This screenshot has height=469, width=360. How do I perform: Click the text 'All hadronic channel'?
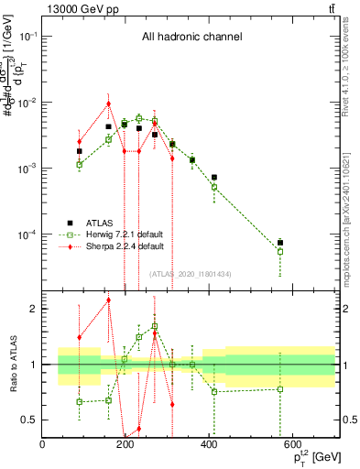[191, 38]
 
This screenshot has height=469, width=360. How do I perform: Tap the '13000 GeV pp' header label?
[80, 9]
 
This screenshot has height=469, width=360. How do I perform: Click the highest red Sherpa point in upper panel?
[108, 104]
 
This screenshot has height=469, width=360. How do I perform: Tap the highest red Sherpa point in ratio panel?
[108, 300]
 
